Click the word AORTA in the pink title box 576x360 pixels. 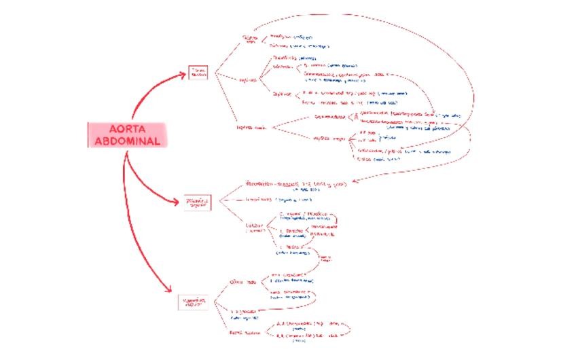click(x=126, y=129)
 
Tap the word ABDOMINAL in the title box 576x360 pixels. click(x=126, y=141)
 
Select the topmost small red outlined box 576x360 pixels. click(x=198, y=72)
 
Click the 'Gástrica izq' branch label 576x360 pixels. click(x=251, y=39)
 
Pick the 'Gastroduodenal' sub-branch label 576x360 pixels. click(x=329, y=116)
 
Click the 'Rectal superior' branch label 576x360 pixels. click(x=245, y=333)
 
